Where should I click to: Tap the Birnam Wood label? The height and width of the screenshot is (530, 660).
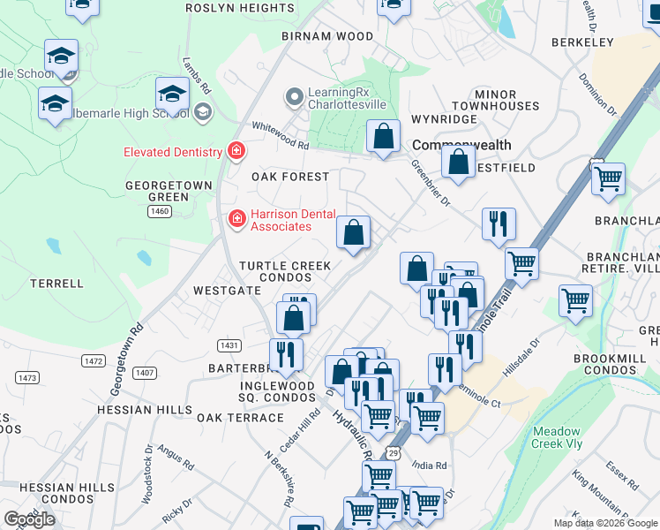tap(316, 36)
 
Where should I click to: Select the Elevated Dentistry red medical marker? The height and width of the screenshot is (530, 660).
tap(236, 152)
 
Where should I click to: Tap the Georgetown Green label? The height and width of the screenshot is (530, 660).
tap(169, 191)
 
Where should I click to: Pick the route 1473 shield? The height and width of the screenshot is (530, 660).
tap(27, 377)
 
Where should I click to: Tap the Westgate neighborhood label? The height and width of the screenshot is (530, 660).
tap(228, 290)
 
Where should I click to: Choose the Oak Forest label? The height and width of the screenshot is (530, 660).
tap(290, 177)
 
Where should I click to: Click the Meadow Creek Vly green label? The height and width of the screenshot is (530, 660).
tap(557, 438)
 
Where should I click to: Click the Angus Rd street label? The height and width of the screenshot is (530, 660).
tap(177, 456)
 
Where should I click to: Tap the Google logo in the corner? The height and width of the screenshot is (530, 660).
tap(30, 519)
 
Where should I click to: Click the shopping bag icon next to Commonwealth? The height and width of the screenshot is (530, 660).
tap(383, 139)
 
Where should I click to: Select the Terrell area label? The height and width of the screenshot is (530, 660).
tap(56, 284)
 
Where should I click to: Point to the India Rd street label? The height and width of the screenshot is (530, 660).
tap(429, 466)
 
